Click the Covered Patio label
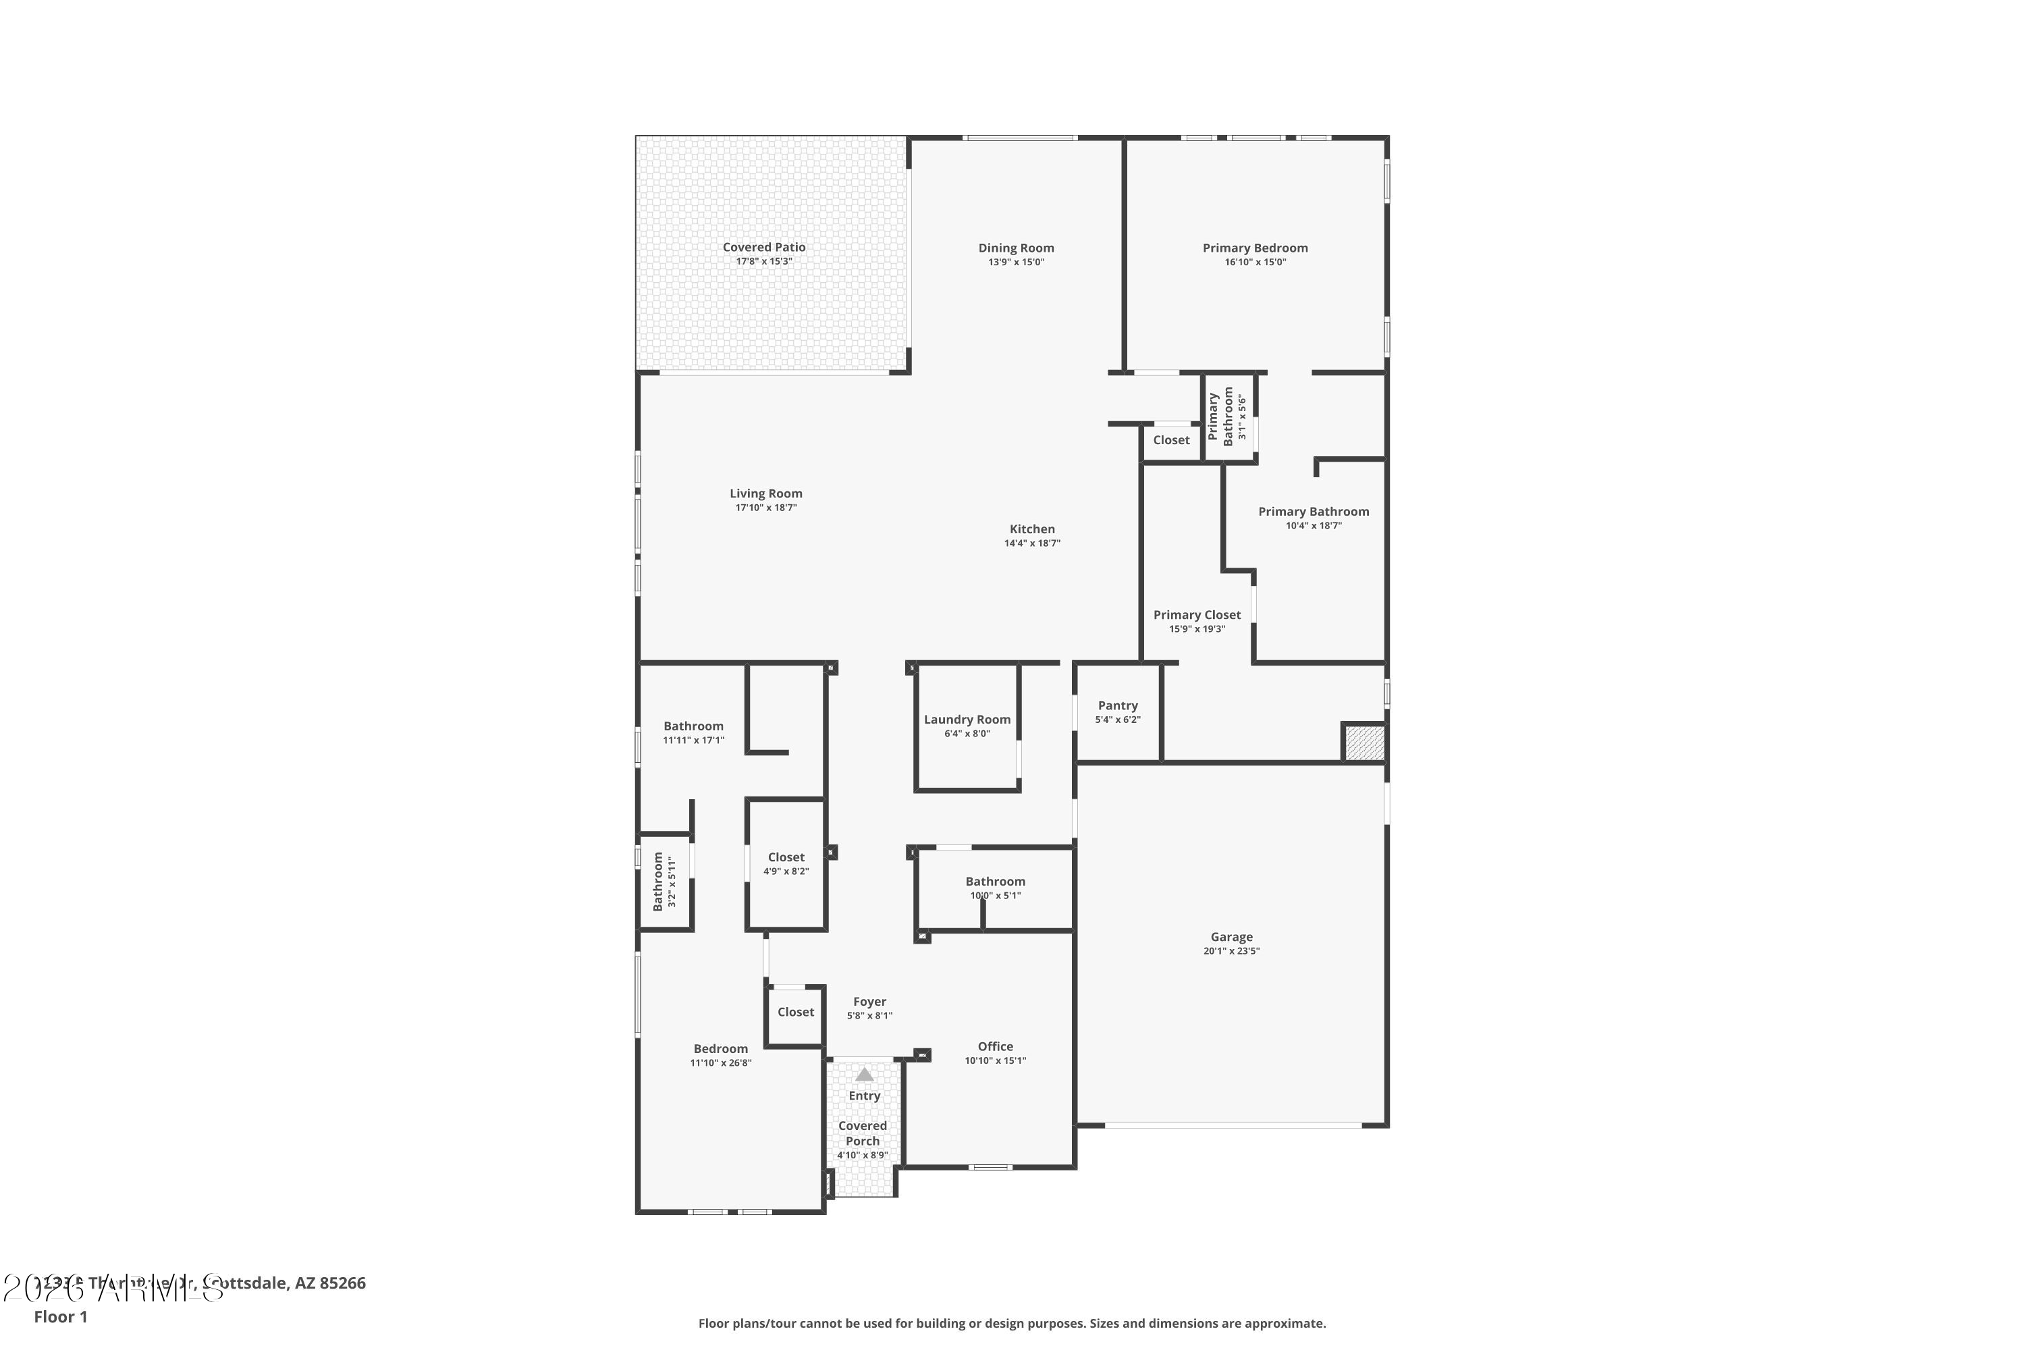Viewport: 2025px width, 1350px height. (x=763, y=247)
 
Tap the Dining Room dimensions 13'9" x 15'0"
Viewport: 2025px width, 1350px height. (x=1016, y=262)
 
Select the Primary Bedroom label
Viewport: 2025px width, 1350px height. (x=1254, y=248)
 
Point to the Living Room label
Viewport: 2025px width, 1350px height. (x=765, y=493)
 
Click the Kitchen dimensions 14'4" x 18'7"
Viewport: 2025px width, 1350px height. (x=1031, y=543)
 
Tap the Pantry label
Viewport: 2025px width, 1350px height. (x=1118, y=705)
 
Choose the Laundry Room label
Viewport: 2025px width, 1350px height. (x=967, y=720)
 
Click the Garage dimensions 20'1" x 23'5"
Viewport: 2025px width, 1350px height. (x=1231, y=951)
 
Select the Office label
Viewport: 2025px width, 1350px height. (x=995, y=1047)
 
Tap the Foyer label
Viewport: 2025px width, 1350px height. (x=869, y=1002)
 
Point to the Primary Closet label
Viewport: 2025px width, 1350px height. (x=1197, y=615)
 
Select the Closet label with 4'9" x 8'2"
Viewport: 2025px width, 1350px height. (x=786, y=857)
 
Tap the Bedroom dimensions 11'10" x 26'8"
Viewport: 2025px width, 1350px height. (x=721, y=1063)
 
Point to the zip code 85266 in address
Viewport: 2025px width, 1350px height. (x=343, y=1283)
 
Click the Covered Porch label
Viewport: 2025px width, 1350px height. (x=863, y=1133)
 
